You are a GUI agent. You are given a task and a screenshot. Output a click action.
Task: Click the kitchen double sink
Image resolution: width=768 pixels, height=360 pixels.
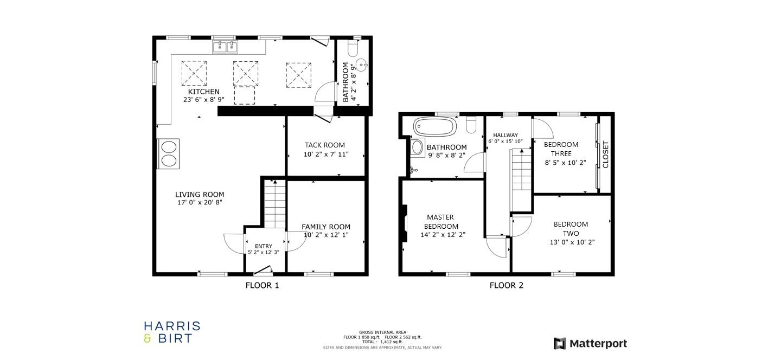pyautogui.click(x=226, y=47)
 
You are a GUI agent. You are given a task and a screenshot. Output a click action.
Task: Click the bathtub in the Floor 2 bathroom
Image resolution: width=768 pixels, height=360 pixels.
pyautogui.click(x=436, y=127)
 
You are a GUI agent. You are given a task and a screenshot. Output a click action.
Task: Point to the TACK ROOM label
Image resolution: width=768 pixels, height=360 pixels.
pyautogui.click(x=324, y=145)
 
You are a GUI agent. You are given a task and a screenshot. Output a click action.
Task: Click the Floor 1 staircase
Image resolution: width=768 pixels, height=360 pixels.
pyautogui.click(x=275, y=204)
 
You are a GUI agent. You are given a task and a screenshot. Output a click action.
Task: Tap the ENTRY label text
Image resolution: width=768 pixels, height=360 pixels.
pyautogui.click(x=264, y=246)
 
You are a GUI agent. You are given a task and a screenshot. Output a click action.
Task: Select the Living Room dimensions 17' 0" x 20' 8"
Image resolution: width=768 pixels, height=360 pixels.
pyautogui.click(x=200, y=203)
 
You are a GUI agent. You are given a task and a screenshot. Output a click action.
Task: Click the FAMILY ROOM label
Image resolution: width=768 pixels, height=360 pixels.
pyautogui.click(x=325, y=227)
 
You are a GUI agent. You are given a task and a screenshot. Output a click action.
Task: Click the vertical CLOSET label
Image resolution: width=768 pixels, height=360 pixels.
pyautogui.click(x=606, y=155)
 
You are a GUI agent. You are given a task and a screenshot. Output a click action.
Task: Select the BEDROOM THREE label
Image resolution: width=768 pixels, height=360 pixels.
pyautogui.click(x=561, y=149)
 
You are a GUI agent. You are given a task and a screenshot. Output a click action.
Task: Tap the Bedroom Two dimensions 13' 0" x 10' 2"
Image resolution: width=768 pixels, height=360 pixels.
pyautogui.click(x=572, y=242)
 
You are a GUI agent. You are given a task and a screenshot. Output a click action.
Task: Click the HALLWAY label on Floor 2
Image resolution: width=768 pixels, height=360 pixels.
pyautogui.click(x=505, y=135)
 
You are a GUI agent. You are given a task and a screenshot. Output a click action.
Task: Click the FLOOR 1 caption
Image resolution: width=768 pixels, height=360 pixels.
pyautogui.click(x=262, y=285)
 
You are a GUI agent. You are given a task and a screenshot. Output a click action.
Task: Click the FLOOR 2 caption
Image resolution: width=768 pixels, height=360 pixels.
pyautogui.click(x=506, y=285)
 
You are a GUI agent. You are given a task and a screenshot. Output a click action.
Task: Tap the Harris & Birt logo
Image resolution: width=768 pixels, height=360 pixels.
pyautogui.click(x=172, y=332)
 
